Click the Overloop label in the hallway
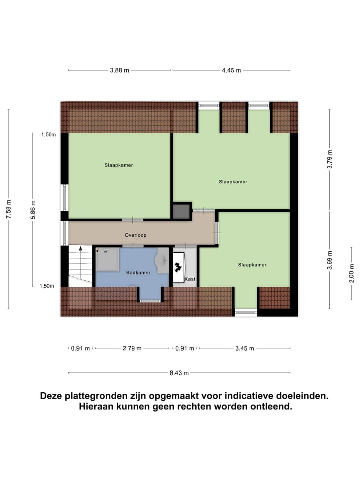(135, 235)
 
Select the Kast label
(190, 279)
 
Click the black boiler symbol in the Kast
(178, 268)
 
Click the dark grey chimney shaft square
(181, 211)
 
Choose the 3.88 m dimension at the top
(120, 70)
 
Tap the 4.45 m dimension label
(231, 70)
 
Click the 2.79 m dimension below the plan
(132, 348)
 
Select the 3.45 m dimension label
(245, 348)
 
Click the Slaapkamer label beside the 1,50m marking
(119, 165)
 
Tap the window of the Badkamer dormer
(150, 301)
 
